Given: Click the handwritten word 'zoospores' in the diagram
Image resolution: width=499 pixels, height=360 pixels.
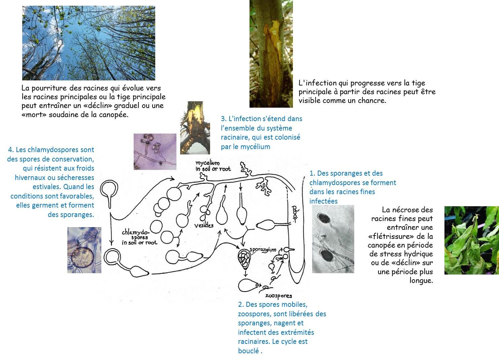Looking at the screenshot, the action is point(278,296).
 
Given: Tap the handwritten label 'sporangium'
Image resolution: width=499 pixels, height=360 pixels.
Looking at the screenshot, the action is point(263,250).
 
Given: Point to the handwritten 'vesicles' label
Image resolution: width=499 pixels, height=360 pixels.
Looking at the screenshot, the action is point(204,225).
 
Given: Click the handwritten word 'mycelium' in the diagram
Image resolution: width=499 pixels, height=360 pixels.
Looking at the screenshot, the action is point(207,163).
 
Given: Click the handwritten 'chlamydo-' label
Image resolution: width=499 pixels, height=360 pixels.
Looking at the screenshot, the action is point(136,232).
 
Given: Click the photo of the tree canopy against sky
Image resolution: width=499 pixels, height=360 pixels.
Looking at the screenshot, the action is point(89,43).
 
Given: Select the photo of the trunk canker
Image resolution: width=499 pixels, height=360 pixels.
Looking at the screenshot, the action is point(271,54).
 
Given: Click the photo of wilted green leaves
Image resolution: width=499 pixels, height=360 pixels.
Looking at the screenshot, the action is point(472,240).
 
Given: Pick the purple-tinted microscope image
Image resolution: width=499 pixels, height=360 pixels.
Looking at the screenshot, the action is point(155,152).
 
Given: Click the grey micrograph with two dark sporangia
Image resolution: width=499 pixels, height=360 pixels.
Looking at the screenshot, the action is point(333,239).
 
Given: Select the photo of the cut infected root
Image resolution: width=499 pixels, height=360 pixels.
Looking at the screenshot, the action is point(195,128).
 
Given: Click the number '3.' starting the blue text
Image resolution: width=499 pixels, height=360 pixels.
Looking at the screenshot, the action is point(224,119).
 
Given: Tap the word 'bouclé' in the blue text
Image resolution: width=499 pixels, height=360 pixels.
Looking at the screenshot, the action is point(248,351).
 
